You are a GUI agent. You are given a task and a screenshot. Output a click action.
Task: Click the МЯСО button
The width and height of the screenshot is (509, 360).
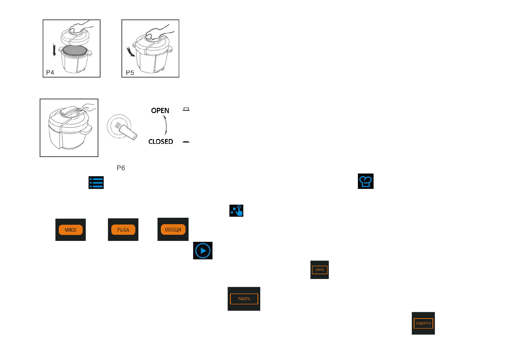pyautogui.click(x=70, y=230)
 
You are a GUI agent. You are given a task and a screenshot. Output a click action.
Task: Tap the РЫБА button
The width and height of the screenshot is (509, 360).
pyautogui.click(x=123, y=230)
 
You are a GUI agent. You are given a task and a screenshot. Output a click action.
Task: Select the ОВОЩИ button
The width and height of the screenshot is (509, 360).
pyautogui.click(x=173, y=229)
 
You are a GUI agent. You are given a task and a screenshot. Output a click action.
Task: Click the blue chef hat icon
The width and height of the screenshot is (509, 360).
pyautogui.click(x=365, y=181)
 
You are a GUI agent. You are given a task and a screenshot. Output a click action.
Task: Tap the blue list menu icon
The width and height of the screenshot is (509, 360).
pyautogui.click(x=96, y=183)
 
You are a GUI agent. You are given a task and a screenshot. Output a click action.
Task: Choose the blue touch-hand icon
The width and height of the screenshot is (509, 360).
pyautogui.click(x=236, y=211)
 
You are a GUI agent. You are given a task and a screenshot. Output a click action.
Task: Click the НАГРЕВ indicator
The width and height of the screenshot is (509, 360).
pyautogui.click(x=319, y=270)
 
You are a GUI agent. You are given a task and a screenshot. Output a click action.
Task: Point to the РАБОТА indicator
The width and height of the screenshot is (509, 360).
pyautogui.click(x=244, y=299)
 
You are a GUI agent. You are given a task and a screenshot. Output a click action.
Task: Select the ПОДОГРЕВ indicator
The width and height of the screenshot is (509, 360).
pyautogui.click(x=423, y=323)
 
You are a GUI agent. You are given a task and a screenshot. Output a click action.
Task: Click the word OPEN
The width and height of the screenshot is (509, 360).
pyautogui.click(x=160, y=111)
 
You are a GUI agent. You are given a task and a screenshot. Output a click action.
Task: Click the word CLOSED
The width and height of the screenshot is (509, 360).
pyautogui.click(x=160, y=141)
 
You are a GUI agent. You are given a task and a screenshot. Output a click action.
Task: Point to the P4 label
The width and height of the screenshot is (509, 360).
pyautogui.click(x=50, y=73)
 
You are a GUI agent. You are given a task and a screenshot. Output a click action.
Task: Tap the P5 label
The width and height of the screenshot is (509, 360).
pyautogui.click(x=130, y=73)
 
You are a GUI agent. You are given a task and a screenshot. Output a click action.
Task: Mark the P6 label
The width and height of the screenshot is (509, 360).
pyautogui.click(x=121, y=168)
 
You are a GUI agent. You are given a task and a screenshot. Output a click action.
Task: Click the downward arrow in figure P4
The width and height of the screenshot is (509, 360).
pyautogui.click(x=54, y=50)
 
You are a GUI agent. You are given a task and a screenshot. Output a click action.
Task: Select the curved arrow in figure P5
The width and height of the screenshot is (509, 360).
pyautogui.click(x=131, y=52)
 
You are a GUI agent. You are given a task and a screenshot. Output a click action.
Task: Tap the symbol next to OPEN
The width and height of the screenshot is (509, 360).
pyautogui.click(x=186, y=109)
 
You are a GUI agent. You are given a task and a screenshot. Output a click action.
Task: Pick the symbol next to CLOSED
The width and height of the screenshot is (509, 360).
pyautogui.click(x=186, y=142)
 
